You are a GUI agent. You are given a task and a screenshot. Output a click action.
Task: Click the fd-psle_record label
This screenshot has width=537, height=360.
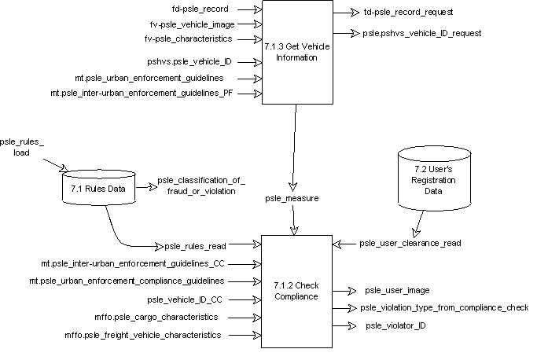(200, 10)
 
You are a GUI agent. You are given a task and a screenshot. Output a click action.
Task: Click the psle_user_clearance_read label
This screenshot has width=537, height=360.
(410, 243)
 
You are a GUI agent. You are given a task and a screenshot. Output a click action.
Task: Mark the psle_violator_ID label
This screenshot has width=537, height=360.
(397, 325)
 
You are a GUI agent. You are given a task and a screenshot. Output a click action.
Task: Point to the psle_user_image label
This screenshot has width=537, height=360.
(397, 290)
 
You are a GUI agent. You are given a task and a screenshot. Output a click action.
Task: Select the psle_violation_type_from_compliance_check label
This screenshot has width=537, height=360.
(443, 307)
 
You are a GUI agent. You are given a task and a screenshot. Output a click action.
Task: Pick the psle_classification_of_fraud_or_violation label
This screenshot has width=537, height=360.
(201, 186)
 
